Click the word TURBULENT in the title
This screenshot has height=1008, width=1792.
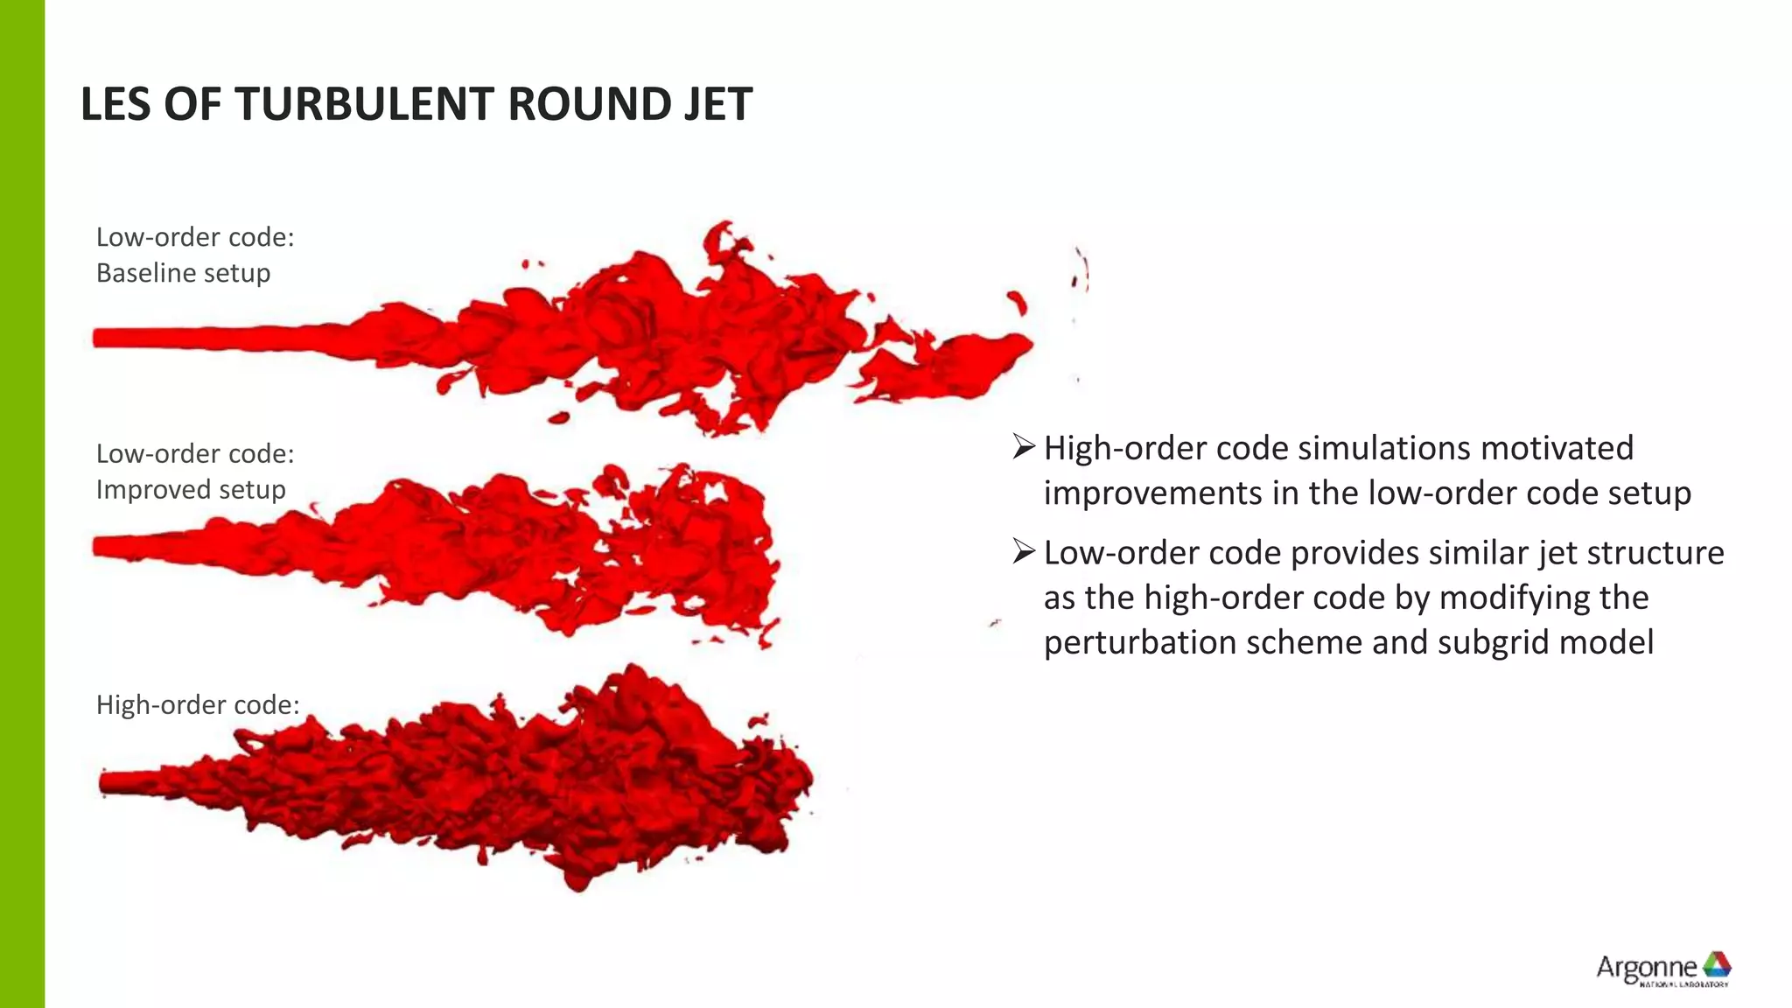[x=366, y=104]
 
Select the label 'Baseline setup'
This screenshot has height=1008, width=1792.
[x=183, y=273]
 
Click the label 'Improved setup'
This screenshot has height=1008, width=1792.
[x=191, y=489]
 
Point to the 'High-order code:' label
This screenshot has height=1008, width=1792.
[x=197, y=704]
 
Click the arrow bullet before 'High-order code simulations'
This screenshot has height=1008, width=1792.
[x=1023, y=447]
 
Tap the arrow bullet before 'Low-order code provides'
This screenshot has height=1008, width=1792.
[x=1023, y=552]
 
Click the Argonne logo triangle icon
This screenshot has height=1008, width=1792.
[x=1716, y=964]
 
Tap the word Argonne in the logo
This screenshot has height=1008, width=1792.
[x=1646, y=967]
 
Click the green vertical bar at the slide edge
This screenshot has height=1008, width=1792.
[x=22, y=504]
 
